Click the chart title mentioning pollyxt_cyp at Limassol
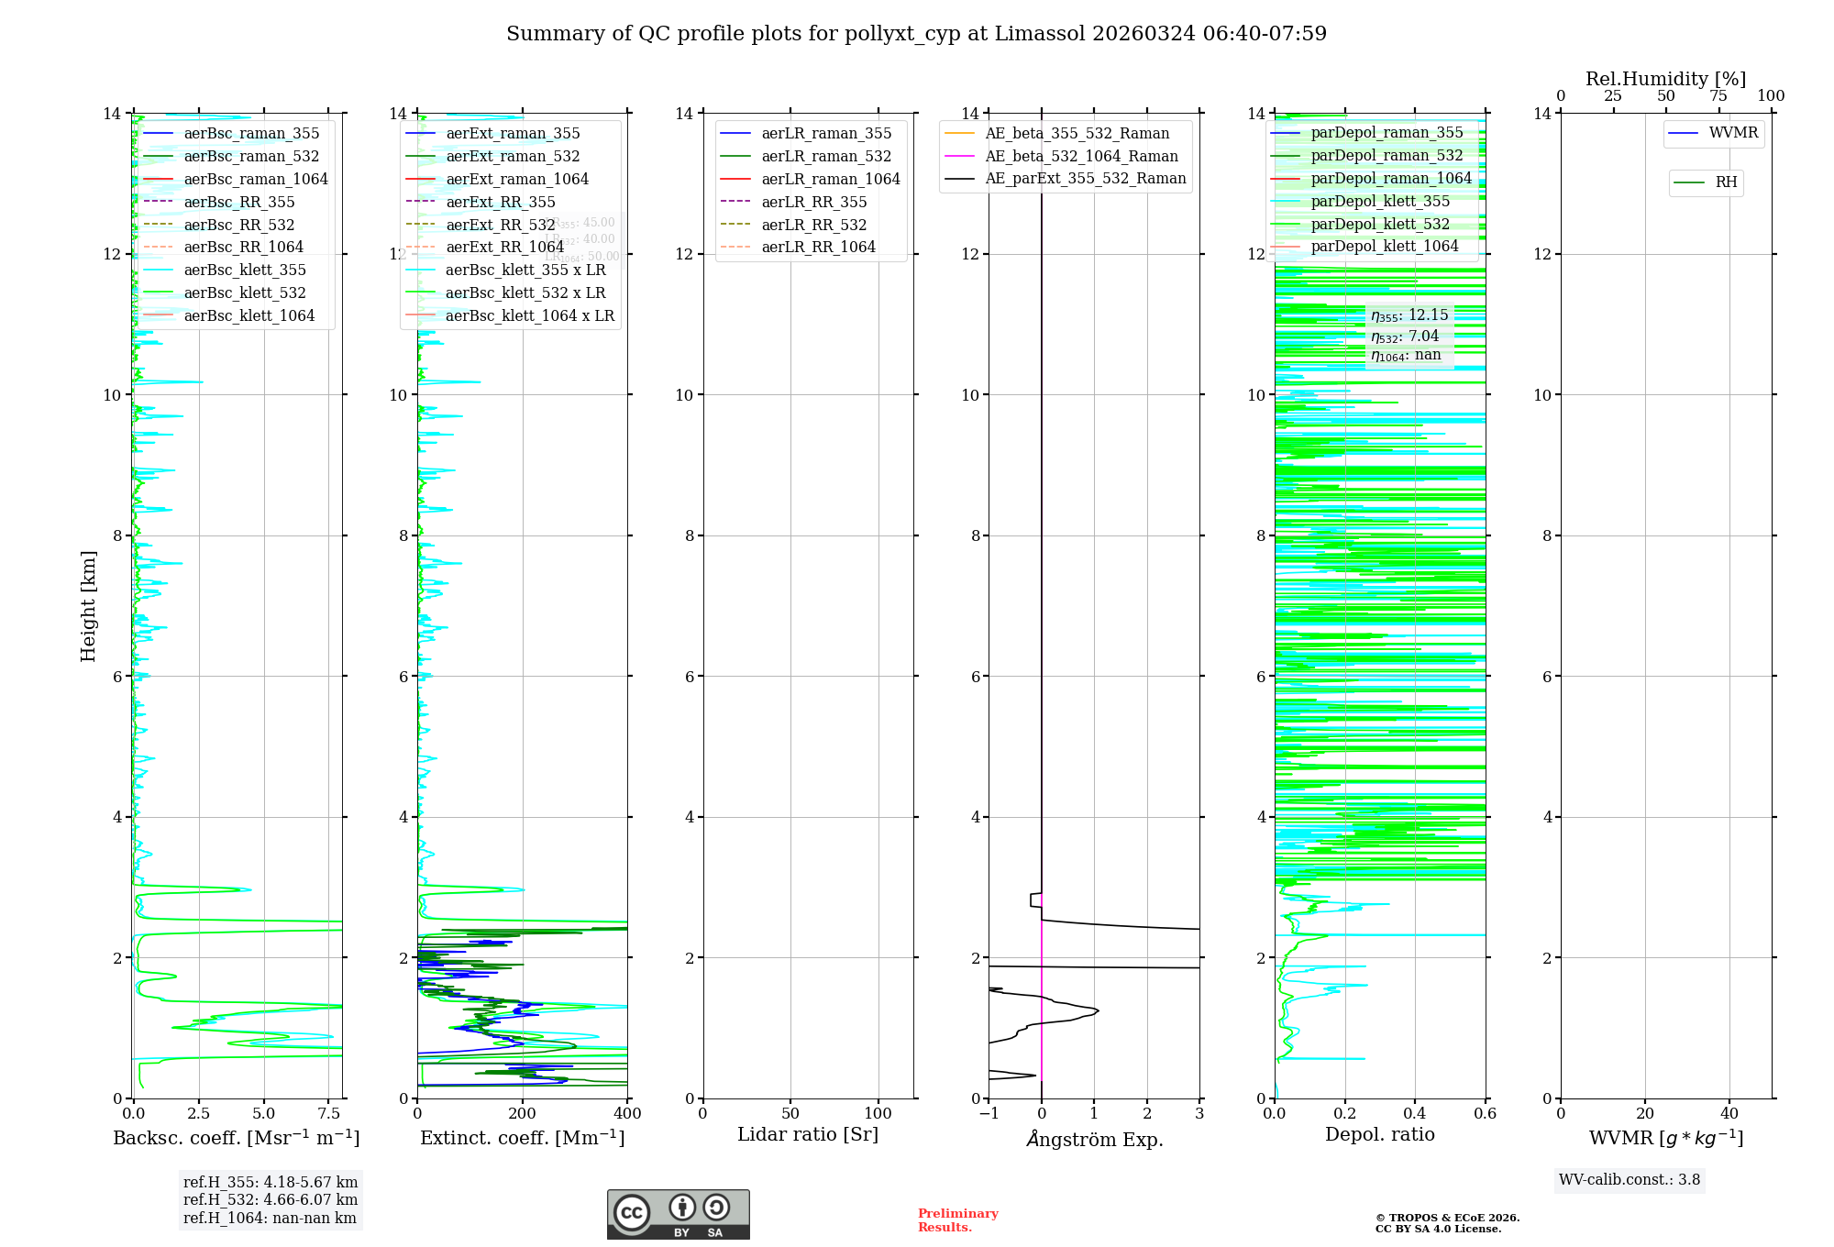coord(916,34)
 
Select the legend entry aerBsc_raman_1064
coord(255,179)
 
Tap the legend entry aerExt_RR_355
coord(500,202)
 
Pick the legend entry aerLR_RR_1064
coord(818,247)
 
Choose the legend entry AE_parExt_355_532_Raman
coord(1085,178)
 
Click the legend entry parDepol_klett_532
coord(1380,224)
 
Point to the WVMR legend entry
coord(1733,133)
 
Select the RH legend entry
coord(1726,182)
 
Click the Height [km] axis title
coord(88,605)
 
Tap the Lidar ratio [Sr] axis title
coord(808,1134)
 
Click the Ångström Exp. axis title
coord(1094,1139)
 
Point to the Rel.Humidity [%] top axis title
coord(1665,79)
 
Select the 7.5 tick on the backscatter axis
coord(328,1113)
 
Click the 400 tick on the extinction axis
coord(627,1113)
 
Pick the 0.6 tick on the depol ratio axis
coord(1485,1113)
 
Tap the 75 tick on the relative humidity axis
coord(1718,96)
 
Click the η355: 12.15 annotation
coord(1409,315)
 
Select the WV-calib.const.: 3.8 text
coord(1630,1180)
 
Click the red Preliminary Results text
coord(957,1220)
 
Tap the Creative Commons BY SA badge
coord(678,1214)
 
